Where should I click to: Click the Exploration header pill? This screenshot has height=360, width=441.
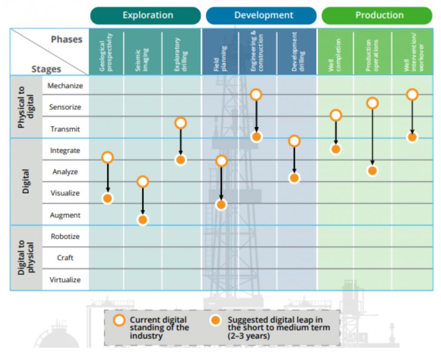tap(146, 16)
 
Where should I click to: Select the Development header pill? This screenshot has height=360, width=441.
tap(261, 16)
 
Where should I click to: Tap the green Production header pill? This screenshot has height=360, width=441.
tap(377, 16)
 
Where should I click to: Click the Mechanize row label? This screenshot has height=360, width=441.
tap(65, 86)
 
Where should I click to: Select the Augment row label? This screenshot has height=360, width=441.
tap(65, 215)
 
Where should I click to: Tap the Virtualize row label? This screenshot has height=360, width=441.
tap(65, 280)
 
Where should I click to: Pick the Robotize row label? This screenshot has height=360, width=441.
tap(65, 236)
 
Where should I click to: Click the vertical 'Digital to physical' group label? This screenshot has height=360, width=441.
tap(25, 258)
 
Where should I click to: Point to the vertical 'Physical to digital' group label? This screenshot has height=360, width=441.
tap(25, 107)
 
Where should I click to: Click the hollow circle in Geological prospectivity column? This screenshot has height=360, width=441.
tap(108, 158)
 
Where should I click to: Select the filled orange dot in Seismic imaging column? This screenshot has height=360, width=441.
tap(143, 220)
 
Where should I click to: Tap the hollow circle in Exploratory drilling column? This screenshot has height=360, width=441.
tap(181, 123)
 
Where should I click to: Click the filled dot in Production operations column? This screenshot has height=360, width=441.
tap(373, 171)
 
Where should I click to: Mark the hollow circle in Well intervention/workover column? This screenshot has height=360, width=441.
tap(412, 95)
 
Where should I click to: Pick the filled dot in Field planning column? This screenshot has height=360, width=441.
tap(221, 205)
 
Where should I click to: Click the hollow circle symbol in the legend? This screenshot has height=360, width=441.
tap(119, 320)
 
